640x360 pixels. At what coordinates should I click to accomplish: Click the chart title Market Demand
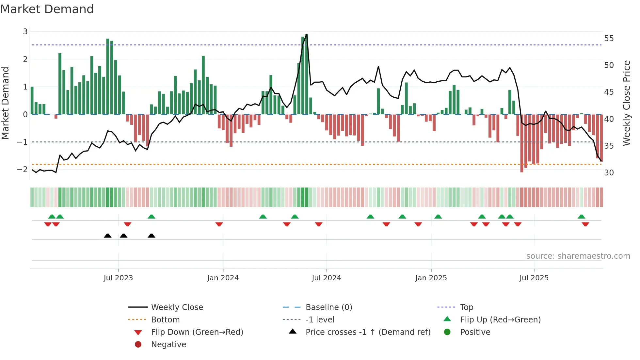point(47,9)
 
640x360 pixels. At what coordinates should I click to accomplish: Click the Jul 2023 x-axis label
point(118,278)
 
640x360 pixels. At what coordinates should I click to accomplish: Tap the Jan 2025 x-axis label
point(431,278)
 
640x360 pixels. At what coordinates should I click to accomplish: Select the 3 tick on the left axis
point(25,32)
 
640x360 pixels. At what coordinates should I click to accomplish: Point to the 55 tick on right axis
point(609,39)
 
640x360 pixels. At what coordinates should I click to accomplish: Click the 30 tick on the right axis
point(609,172)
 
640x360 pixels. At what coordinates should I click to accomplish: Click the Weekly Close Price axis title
point(626,103)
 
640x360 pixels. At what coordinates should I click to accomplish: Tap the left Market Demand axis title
point(6,103)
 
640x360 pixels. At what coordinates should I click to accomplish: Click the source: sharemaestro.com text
point(578,256)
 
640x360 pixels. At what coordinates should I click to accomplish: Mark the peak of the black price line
point(307,34)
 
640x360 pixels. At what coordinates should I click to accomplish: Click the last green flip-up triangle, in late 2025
point(581,217)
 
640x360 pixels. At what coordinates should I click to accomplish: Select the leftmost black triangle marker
point(108,236)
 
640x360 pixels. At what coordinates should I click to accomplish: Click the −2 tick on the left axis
point(23,169)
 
